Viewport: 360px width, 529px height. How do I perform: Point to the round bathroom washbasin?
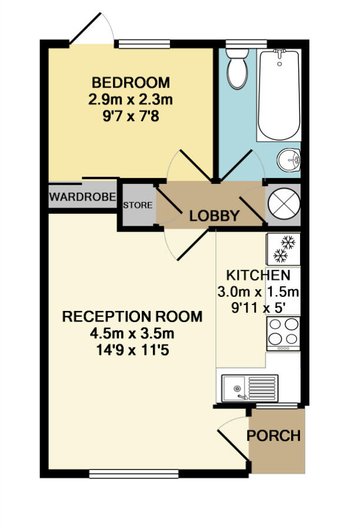point(289,159)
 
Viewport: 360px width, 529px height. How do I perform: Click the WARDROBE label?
point(82,197)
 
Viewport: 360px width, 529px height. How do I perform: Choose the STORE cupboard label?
point(138,206)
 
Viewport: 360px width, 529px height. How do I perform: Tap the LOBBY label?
point(214,216)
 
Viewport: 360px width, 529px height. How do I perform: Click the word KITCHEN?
point(258,276)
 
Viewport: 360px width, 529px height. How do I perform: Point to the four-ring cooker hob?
point(284,332)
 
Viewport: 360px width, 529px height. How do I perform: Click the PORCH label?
point(274,436)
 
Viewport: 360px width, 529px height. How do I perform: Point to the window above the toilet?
point(238,42)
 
